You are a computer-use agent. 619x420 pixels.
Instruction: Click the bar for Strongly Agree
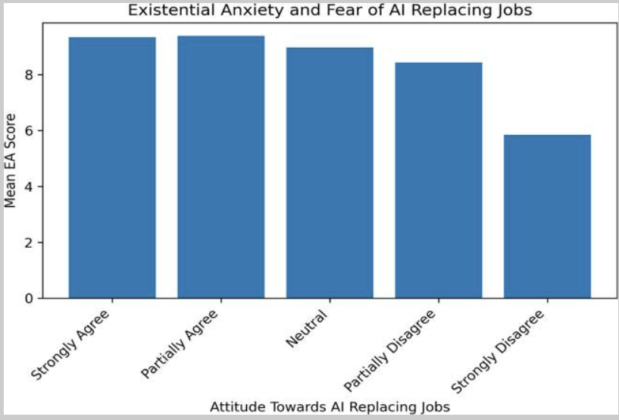pyautogui.click(x=112, y=168)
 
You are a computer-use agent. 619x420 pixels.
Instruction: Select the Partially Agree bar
pyautogui.click(x=221, y=167)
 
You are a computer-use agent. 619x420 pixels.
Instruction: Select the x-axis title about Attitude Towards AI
pyautogui.click(x=330, y=407)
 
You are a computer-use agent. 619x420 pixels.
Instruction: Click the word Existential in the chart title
pyautogui.click(x=163, y=11)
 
